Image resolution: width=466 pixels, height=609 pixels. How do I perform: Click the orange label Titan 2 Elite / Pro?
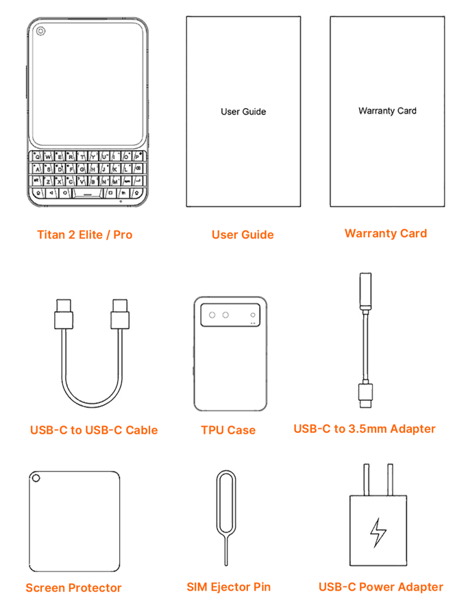[85, 234]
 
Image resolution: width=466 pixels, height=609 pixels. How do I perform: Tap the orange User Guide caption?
[243, 234]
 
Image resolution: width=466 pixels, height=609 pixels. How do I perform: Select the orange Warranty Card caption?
[386, 234]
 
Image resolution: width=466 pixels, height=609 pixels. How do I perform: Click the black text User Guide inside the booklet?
[243, 112]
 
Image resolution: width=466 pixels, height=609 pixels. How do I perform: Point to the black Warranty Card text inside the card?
[387, 111]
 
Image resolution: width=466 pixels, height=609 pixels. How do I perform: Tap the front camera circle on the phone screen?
[40, 31]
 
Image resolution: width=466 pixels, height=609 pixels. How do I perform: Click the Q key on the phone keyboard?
[37, 156]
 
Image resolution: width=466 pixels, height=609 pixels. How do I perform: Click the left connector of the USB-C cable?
[64, 314]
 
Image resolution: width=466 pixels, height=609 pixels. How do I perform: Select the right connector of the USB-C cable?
[120, 314]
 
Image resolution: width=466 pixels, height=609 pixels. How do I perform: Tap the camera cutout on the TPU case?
[230, 315]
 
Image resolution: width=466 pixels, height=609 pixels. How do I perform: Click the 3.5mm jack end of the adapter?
[365, 290]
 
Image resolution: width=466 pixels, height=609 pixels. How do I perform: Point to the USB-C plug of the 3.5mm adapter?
[365, 395]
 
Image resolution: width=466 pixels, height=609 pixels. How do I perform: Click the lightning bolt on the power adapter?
[378, 532]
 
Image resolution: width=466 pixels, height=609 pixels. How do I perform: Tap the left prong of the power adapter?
[366, 480]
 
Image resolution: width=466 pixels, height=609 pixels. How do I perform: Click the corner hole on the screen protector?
[36, 478]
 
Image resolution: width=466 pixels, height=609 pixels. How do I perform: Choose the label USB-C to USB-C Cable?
[94, 430]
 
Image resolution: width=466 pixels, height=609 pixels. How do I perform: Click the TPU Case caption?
[228, 430]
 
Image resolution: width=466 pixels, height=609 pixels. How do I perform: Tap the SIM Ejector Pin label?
[228, 587]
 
